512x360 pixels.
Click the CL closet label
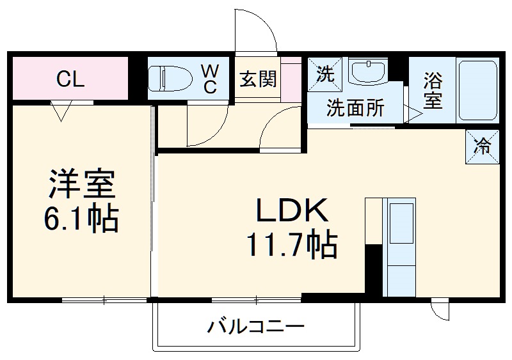(70, 79)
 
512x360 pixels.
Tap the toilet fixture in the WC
(171, 79)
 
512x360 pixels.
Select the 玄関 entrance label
(258, 79)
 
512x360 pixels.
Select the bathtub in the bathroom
(477, 90)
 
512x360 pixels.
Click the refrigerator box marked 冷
(482, 146)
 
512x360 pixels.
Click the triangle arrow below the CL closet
(61, 111)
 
